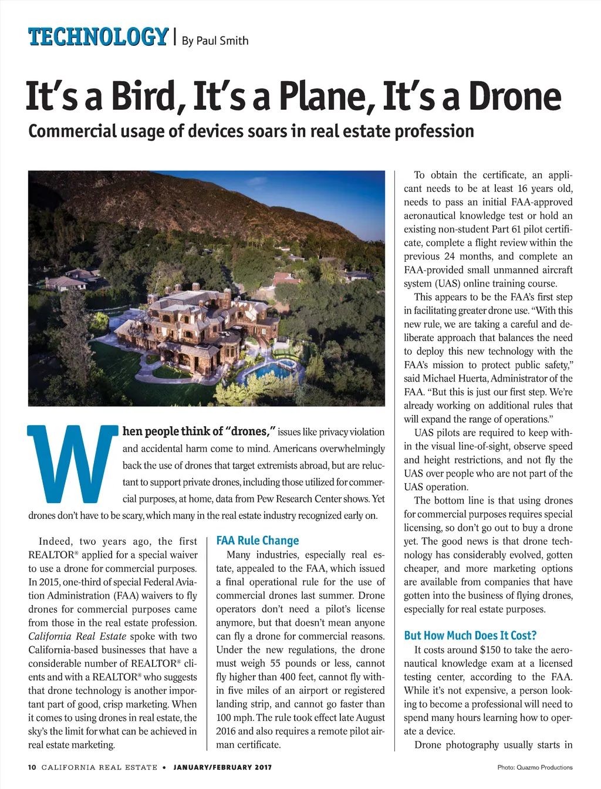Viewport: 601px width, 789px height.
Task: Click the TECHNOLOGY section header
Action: point(98,37)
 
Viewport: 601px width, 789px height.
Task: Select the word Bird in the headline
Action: point(143,97)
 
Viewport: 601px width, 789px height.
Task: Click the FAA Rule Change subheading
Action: point(258,541)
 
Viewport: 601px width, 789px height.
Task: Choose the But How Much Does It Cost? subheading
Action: point(470,636)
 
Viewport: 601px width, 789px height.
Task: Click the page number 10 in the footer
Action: point(32,767)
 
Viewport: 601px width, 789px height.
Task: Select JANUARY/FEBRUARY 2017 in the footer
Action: point(222,767)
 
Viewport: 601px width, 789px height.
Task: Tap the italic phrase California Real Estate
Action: point(77,636)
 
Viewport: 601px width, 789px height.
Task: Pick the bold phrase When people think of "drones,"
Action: point(199,431)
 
